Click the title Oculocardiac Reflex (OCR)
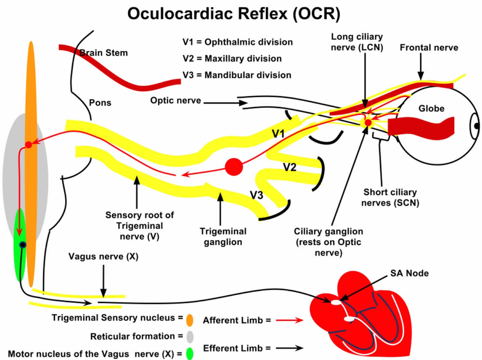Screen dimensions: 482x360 234,14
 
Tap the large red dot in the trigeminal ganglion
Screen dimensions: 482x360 234,167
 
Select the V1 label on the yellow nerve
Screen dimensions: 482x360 278,133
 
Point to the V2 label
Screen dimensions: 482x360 290,167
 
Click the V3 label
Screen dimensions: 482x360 256,195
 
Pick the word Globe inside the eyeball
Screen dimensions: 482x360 431,108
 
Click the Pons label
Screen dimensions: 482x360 100,103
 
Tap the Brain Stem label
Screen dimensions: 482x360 103,53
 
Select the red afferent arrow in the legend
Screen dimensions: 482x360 290,320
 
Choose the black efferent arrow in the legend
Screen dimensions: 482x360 290,348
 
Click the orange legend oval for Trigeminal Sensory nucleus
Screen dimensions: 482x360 190,320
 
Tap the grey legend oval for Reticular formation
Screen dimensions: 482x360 190,337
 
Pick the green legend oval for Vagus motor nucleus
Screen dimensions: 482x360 190,354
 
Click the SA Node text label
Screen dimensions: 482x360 409,273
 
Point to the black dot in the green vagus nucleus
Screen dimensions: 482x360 22,245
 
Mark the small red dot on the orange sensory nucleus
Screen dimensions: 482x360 29,145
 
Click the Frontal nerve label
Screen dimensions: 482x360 429,48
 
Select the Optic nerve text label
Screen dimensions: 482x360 176,100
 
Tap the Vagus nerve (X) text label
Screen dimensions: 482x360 103,256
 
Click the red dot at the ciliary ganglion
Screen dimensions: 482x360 368,122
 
